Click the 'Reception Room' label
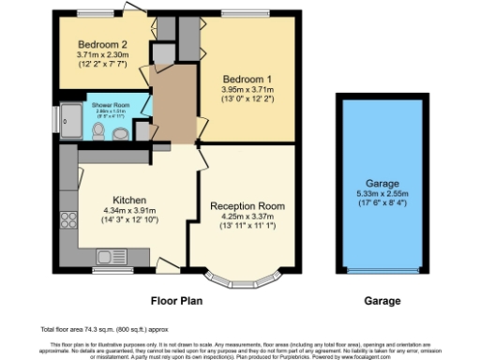[247, 205]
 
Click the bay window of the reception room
[242, 277]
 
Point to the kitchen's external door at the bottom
[169, 264]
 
